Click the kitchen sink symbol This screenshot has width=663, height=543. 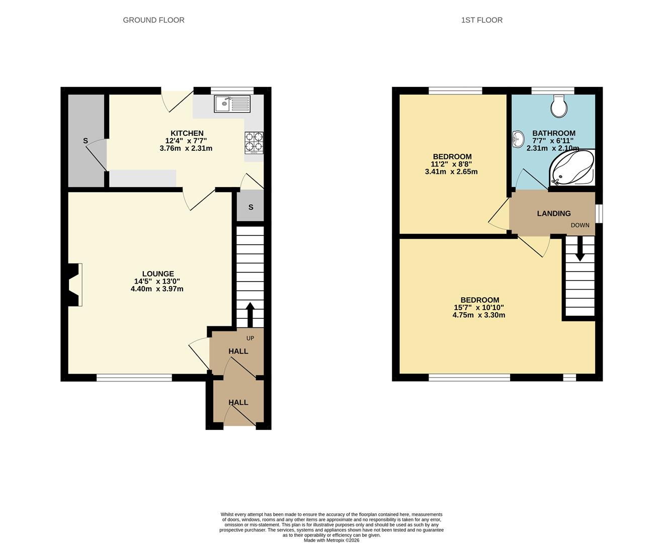(x=232, y=104)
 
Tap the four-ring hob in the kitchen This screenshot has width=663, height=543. (x=254, y=142)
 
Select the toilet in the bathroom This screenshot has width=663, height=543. (x=559, y=106)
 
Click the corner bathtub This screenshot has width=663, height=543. (x=571, y=168)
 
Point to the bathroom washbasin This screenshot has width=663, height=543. (x=517, y=139)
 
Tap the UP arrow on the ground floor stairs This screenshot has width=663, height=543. (x=250, y=314)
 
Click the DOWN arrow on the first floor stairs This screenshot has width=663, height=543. (x=579, y=249)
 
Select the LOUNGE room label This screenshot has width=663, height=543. (x=157, y=274)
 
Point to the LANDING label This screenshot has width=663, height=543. (x=553, y=214)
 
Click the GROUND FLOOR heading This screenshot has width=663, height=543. (x=153, y=20)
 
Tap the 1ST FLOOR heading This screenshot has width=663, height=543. (x=481, y=20)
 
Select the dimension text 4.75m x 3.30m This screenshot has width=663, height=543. (x=478, y=315)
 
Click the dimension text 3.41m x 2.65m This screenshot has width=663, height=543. (x=451, y=171)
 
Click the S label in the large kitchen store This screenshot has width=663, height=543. (x=86, y=141)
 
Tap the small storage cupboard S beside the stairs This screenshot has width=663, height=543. (x=251, y=207)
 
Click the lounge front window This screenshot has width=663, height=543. (x=134, y=378)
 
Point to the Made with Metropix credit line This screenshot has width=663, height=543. (x=331, y=540)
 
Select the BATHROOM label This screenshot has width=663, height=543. (x=553, y=133)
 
